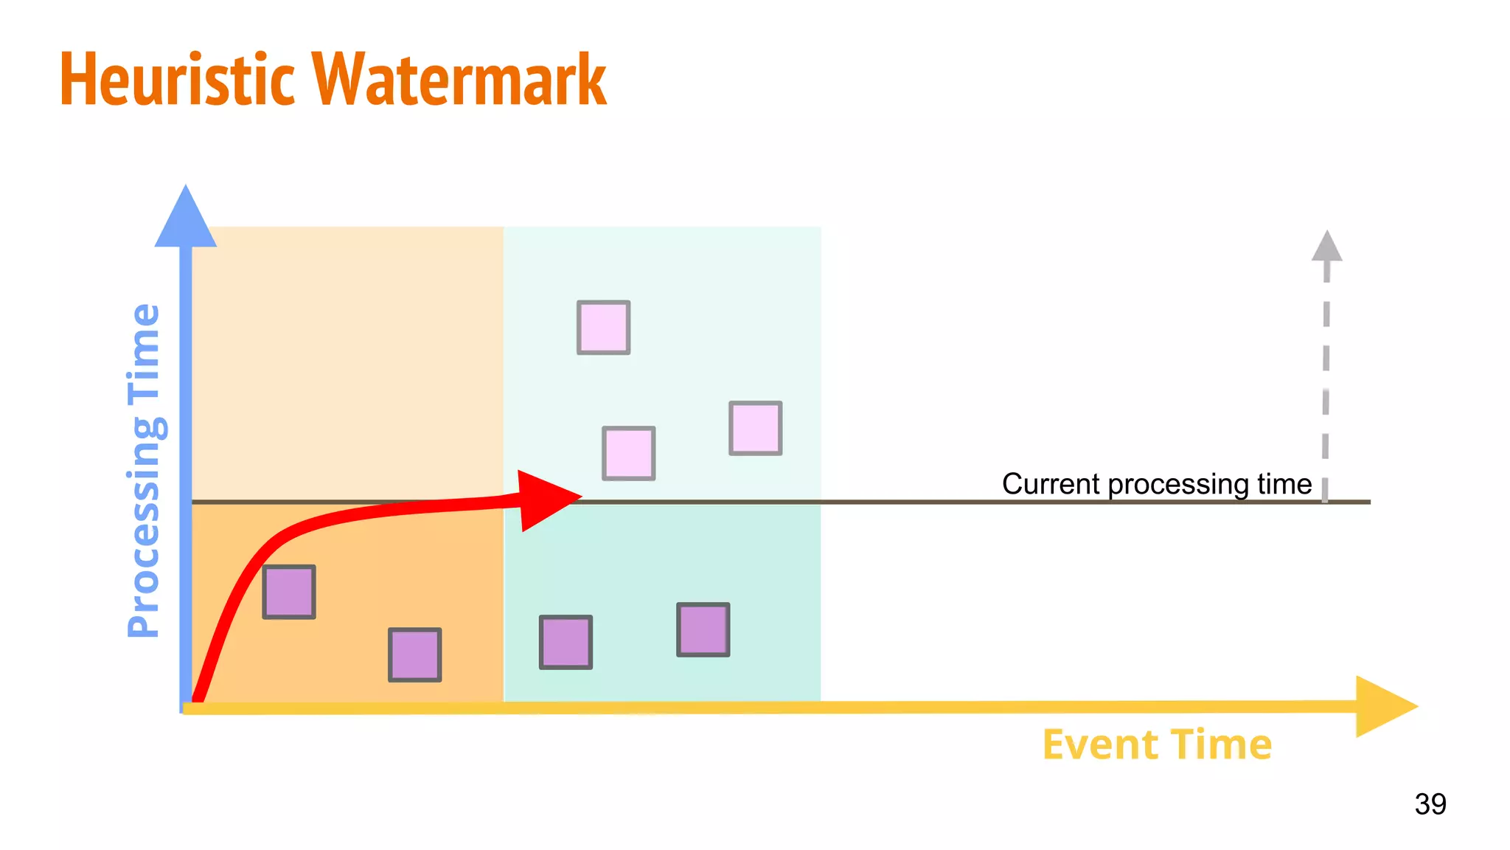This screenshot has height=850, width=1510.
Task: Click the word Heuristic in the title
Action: (x=177, y=80)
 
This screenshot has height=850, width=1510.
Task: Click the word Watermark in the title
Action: (x=459, y=80)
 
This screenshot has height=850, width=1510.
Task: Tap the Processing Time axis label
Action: (x=144, y=470)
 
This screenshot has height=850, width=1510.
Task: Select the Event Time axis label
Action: (x=1157, y=744)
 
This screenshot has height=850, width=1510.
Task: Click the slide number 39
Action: (x=1430, y=804)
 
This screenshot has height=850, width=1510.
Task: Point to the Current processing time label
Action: (x=1156, y=484)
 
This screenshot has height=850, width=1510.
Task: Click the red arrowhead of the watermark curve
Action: (x=546, y=500)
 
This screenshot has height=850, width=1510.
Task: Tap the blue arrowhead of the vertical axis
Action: (x=186, y=218)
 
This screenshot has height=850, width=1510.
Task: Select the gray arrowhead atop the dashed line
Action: (x=1326, y=247)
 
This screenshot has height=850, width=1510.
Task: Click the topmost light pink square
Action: (x=603, y=328)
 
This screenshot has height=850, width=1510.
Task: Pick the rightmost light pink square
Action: (x=755, y=428)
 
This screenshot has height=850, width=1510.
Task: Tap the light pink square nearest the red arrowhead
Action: (x=628, y=453)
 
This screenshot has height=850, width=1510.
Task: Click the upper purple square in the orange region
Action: (x=289, y=592)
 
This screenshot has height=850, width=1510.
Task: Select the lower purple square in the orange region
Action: (x=415, y=654)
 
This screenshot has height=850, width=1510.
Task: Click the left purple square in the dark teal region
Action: (x=566, y=642)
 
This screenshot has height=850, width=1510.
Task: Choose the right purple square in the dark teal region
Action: (x=703, y=629)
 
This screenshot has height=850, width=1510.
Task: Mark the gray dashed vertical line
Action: (x=1326, y=384)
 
